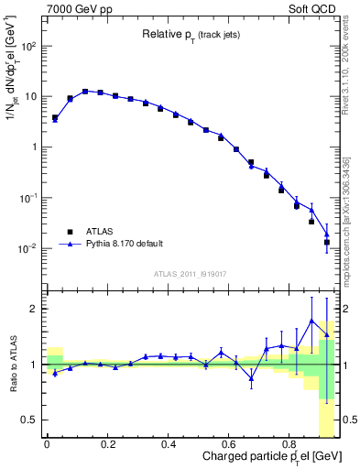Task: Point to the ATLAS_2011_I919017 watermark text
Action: [190, 274]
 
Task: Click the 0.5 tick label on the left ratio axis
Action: [30, 420]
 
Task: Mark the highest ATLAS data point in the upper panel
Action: [85, 92]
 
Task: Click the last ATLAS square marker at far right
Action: [327, 242]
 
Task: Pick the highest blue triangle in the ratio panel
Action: [311, 321]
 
